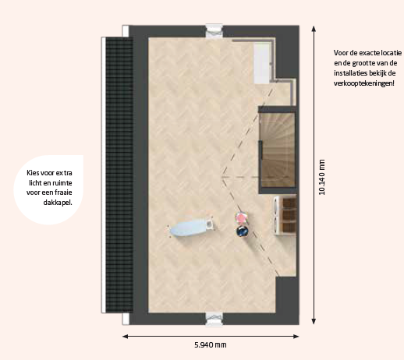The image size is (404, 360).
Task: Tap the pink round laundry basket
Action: point(241,217)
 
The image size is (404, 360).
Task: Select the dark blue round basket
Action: point(243,231)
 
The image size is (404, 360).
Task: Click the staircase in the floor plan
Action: point(278,150)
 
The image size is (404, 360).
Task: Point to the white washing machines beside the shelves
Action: point(278,216)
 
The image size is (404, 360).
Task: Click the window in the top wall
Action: point(214,31)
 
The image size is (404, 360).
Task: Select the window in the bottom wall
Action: point(214,319)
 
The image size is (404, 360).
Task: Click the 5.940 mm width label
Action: point(211,345)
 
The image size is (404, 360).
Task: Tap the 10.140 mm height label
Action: point(322,177)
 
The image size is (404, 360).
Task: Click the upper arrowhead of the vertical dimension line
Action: point(314,28)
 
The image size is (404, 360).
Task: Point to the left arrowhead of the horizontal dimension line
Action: point(125,337)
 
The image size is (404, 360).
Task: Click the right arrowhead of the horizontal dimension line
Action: point(296,337)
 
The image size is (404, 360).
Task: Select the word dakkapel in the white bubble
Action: point(58,203)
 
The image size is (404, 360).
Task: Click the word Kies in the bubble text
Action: point(32,173)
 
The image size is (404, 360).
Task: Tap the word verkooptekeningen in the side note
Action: point(364,83)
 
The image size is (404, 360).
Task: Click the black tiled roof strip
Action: point(119,175)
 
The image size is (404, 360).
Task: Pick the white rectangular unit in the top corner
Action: point(262,63)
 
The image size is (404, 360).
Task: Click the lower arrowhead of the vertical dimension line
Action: point(314,322)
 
